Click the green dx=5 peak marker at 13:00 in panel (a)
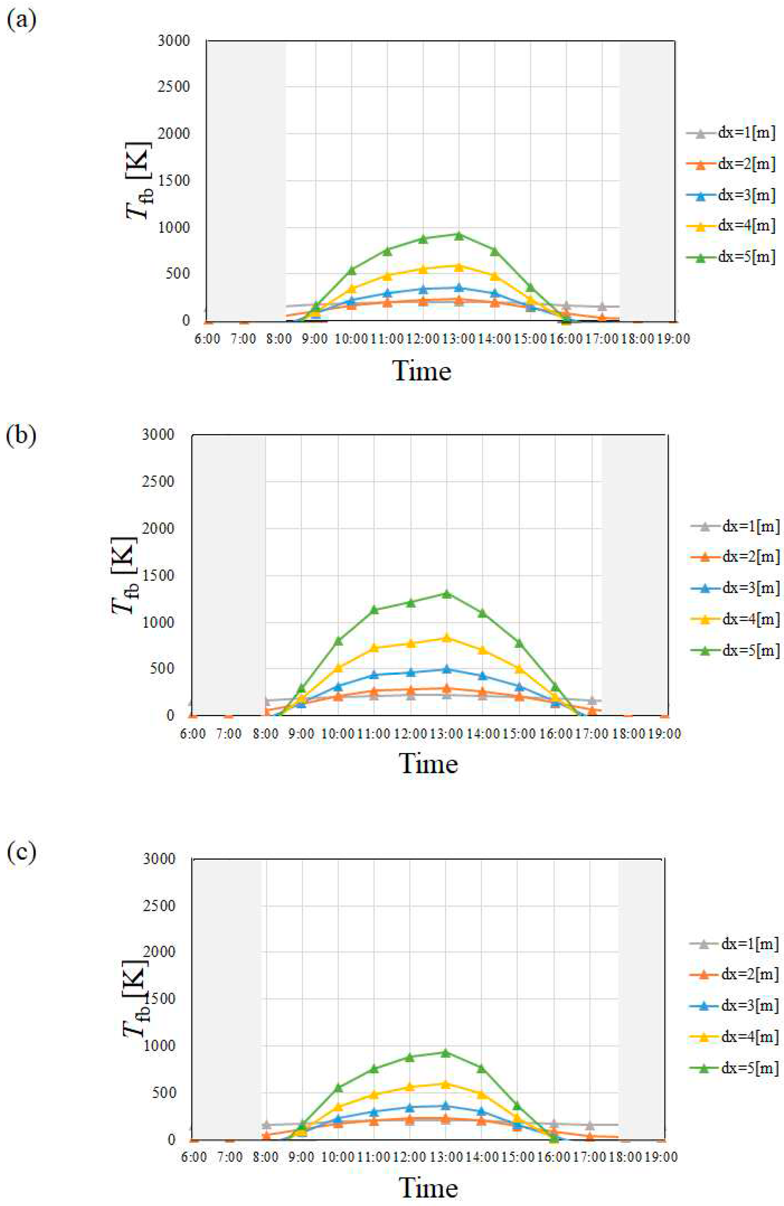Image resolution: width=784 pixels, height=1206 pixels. pyautogui.click(x=459, y=235)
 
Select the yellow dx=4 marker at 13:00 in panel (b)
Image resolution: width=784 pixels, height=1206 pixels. pyautogui.click(x=446, y=637)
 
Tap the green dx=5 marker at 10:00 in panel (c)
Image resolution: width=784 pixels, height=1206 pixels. pyautogui.click(x=338, y=1087)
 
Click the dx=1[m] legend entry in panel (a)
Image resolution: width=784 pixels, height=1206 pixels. pyautogui.click(x=731, y=133)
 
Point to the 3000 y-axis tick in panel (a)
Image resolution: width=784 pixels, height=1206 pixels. pyautogui.click(x=174, y=40)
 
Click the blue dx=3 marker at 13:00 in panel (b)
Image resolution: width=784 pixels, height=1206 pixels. pyautogui.click(x=446, y=669)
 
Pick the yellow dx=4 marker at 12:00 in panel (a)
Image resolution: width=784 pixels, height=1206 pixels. pyautogui.click(x=423, y=269)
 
